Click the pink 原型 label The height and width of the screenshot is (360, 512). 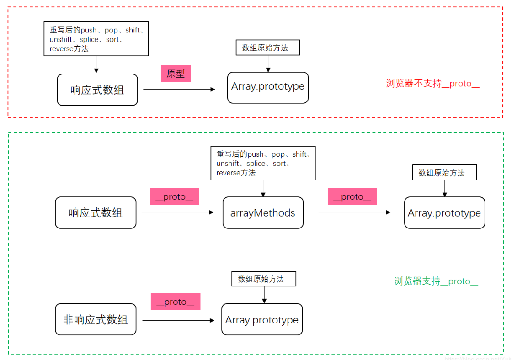click(176, 74)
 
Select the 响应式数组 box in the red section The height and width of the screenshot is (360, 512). click(97, 90)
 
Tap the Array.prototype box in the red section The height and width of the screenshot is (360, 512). click(268, 87)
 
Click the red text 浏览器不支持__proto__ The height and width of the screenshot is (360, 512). click(432, 84)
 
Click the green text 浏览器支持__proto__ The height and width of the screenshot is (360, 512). click(436, 281)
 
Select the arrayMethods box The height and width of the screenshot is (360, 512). click(263, 213)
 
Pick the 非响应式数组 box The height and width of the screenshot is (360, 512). click(96, 319)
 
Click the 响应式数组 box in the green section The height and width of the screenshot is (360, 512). click(96, 213)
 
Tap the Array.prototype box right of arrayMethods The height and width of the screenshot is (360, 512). click(444, 213)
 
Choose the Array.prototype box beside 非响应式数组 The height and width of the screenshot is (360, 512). click(262, 319)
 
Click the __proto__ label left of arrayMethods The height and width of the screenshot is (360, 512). click(174, 196)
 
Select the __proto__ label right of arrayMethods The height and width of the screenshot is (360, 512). click(352, 196)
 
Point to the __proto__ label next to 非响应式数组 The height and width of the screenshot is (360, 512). click(176, 302)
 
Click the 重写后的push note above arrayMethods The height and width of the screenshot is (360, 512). click(263, 163)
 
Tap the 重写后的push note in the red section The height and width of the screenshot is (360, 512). click(96, 39)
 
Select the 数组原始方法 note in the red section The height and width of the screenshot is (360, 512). click(268, 48)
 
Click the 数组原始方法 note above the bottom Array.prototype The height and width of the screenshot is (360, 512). click(264, 279)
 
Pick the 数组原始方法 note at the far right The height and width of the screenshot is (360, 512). click(444, 173)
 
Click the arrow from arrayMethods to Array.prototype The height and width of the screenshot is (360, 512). click(354, 212)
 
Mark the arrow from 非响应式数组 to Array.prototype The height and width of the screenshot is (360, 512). click(178, 321)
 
